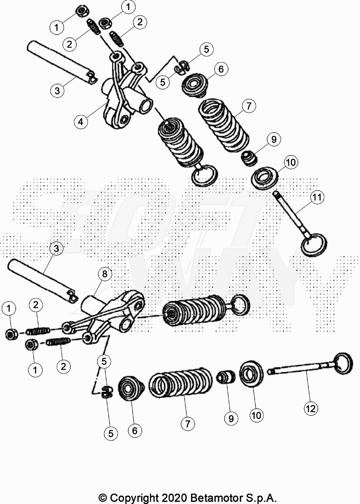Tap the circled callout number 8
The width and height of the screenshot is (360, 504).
[x=105, y=274]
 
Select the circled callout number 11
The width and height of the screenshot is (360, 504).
[x=317, y=197]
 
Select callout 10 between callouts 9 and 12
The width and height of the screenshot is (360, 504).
[x=256, y=415]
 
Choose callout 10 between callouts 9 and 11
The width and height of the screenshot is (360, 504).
[x=291, y=162]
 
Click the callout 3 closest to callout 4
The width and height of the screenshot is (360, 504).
[x=57, y=91]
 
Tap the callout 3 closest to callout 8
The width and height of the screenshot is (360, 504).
[x=56, y=248]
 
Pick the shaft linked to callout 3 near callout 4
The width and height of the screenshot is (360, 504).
[x=62, y=62]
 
